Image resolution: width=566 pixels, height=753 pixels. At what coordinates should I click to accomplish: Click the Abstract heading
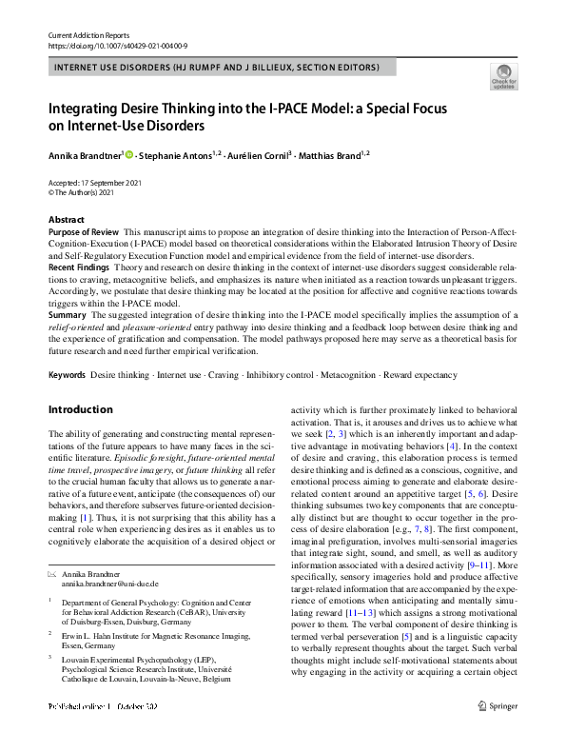(66, 220)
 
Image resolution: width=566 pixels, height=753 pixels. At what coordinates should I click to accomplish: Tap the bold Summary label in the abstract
(67, 314)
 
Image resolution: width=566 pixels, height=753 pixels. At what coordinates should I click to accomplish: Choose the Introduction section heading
(80, 410)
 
